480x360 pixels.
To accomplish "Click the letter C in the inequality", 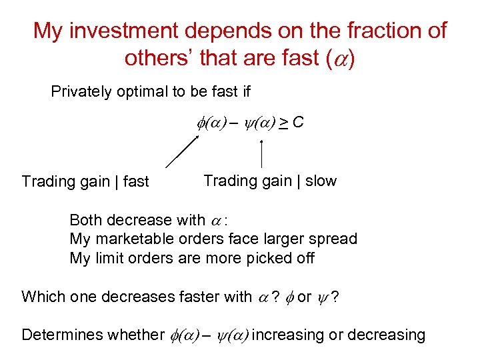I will (x=298, y=122).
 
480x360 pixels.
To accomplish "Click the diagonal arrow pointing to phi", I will (x=182, y=151).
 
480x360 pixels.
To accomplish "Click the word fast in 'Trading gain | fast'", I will (x=135, y=181).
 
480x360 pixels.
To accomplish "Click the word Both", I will (x=86, y=220).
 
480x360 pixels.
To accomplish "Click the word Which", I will (x=41, y=297).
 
